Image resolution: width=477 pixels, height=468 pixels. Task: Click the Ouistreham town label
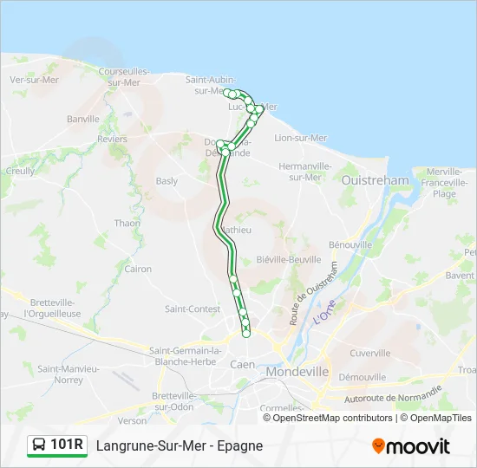coord(376,180)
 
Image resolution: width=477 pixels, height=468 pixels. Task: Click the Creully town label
coord(20,172)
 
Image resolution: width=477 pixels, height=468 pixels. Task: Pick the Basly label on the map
coord(166,181)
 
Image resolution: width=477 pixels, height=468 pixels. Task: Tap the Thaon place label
coord(127,224)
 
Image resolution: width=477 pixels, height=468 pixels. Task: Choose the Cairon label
coord(138,269)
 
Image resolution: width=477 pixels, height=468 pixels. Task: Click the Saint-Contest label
coord(192,309)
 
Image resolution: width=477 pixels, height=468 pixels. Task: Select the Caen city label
coord(243,365)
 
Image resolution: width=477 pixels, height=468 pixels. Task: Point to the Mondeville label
coord(297,371)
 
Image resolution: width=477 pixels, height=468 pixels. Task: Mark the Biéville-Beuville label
coord(289,259)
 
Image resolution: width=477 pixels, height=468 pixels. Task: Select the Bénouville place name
coord(350,245)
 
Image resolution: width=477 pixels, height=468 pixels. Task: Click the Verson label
coord(133,420)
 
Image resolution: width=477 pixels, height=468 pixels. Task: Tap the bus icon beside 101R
coord(39,445)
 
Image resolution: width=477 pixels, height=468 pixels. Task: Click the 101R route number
coord(67,445)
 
